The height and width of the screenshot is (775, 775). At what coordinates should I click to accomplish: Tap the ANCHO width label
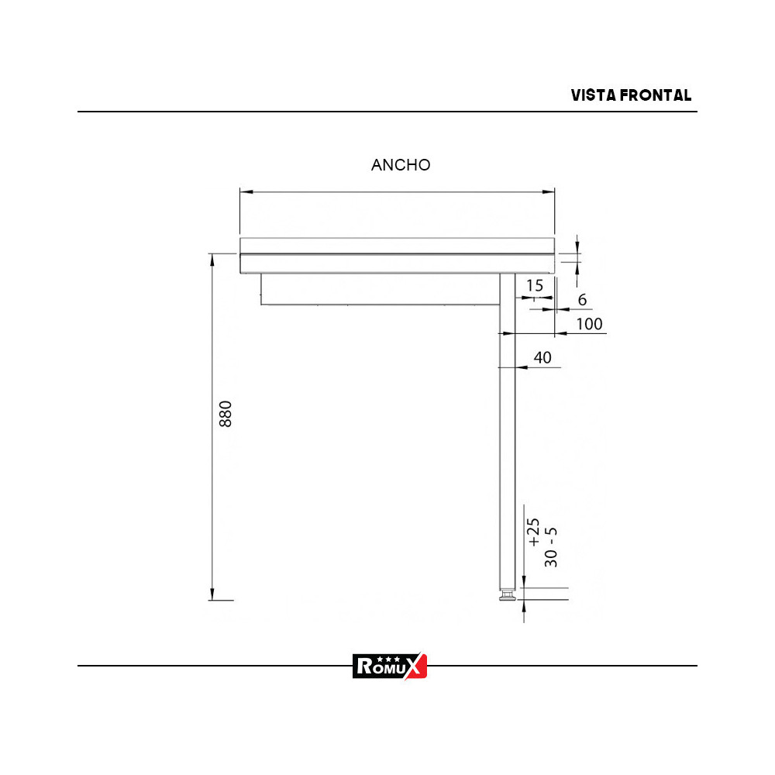point(401,165)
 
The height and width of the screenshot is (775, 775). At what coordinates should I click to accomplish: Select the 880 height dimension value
point(225,415)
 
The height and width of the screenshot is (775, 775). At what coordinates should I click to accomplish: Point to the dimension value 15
point(535,285)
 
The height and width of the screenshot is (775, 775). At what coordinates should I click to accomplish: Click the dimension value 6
point(582,300)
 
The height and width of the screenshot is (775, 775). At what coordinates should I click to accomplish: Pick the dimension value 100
point(590,324)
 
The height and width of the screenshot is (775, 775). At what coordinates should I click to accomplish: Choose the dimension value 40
point(542,357)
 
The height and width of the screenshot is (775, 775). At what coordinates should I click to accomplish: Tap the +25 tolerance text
point(534,532)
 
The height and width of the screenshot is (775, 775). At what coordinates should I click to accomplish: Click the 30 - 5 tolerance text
point(551,547)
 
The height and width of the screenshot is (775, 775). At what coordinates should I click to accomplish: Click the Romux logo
point(390,665)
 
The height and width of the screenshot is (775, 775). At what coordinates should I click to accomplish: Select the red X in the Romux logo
point(416,665)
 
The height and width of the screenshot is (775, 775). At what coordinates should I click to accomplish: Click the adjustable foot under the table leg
point(507,597)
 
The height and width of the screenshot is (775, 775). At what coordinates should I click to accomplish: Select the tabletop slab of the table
point(398,255)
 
